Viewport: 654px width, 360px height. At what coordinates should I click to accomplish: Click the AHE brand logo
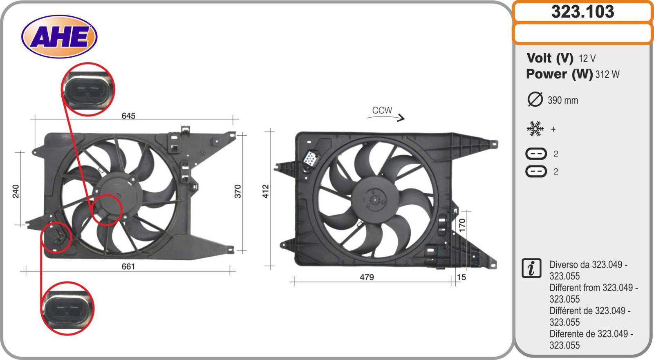[x=59, y=37]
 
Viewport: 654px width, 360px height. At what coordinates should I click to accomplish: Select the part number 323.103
[x=583, y=12]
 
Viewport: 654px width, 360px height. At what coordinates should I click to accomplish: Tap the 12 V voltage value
[x=587, y=59]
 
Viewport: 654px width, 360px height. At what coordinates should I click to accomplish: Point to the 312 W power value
[x=607, y=74]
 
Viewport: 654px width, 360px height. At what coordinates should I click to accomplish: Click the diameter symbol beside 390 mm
[x=535, y=99]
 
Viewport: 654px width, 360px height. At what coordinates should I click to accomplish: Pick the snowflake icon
[x=535, y=129]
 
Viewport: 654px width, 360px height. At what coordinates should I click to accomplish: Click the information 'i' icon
[x=531, y=268]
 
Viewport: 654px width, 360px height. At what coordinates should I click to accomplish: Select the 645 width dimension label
[x=128, y=116]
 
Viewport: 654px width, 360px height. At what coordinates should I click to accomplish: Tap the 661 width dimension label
[x=128, y=266]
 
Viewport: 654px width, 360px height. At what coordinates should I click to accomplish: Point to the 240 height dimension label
[x=16, y=191]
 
